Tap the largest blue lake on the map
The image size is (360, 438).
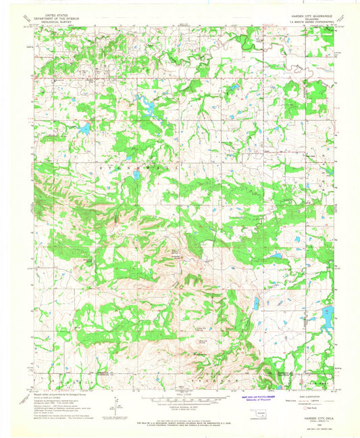coord(327,316)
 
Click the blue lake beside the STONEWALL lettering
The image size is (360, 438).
coord(136,175)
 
